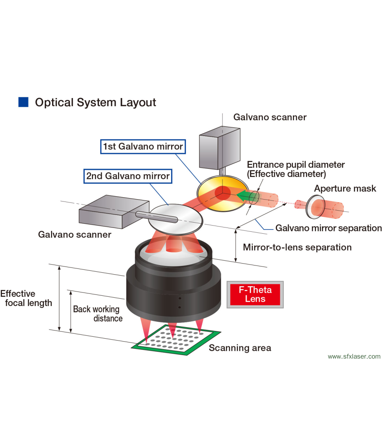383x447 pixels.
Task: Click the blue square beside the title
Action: click(x=23, y=102)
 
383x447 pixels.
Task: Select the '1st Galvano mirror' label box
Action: click(x=142, y=146)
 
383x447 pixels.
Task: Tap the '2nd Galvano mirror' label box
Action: click(x=128, y=176)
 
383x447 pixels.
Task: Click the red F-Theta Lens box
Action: click(x=255, y=295)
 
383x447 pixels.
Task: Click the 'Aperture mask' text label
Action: click(x=345, y=188)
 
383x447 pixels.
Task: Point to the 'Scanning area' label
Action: click(x=240, y=348)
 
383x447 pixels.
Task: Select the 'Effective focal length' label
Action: click(x=26, y=298)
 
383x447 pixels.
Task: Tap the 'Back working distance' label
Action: click(x=97, y=313)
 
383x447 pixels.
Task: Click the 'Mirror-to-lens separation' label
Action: click(x=297, y=247)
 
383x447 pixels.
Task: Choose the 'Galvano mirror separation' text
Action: click(x=329, y=228)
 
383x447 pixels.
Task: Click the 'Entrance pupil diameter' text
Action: click(x=296, y=165)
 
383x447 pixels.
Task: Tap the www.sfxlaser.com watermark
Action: click(x=354, y=356)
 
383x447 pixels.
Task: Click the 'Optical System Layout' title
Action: click(x=95, y=102)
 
